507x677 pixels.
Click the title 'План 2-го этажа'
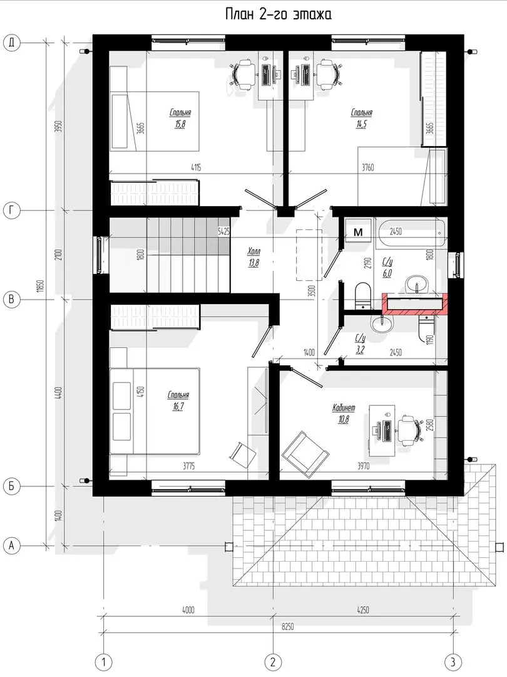tap(278, 14)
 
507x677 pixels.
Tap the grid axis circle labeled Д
tap(12, 43)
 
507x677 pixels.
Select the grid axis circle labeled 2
tap(272, 661)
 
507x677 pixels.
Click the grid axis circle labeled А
tap(12, 545)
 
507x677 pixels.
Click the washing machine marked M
tap(358, 232)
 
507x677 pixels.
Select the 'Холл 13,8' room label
tap(254, 256)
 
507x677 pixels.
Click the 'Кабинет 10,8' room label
tap(344, 412)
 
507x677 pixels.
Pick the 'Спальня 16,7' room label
tap(178, 401)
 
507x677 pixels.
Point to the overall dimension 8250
tap(287, 626)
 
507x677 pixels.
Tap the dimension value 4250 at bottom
tap(362, 610)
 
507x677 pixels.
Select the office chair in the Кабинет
tap(408, 429)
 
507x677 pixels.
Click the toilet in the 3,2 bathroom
tap(426, 328)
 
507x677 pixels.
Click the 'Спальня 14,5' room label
tap(362, 117)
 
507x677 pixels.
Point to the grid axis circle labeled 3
tap(453, 661)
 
